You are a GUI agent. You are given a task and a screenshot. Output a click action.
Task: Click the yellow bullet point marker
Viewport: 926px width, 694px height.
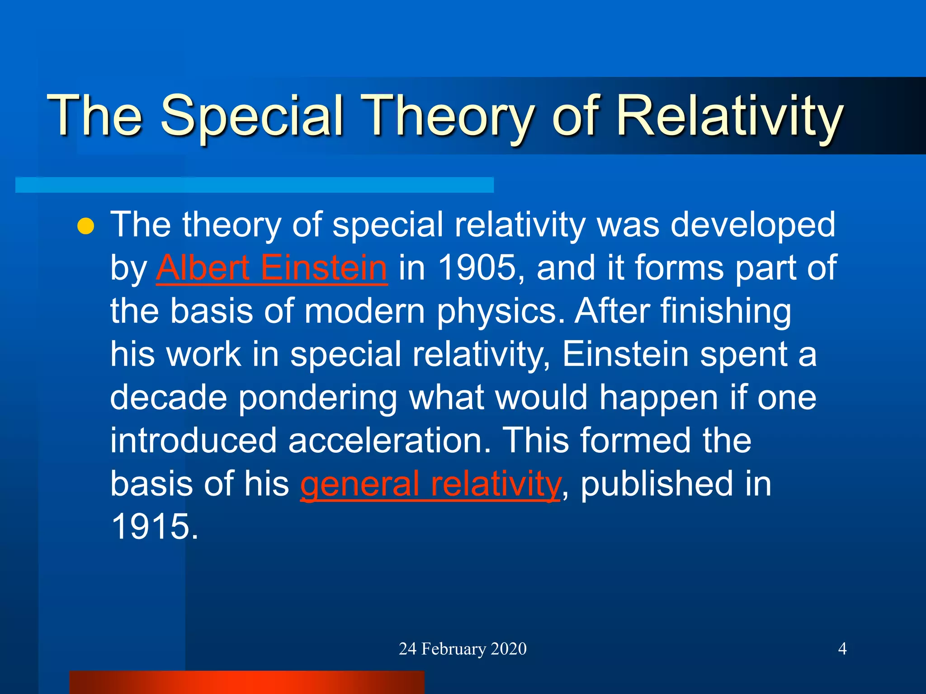point(85,226)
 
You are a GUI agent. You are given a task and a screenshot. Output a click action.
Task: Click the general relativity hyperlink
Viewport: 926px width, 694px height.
point(430,484)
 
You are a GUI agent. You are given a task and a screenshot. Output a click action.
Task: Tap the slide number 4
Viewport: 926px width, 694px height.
point(842,649)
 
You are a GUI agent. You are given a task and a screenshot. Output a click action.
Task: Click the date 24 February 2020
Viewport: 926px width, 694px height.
point(463,649)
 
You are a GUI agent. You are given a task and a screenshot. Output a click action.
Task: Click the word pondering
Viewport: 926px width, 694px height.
point(317,398)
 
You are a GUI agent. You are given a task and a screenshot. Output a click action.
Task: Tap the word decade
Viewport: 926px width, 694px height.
point(168,398)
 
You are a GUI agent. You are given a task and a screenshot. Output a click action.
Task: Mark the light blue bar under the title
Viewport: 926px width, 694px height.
point(254,185)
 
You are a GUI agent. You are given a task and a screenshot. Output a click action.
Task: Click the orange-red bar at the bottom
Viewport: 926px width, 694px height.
point(247,682)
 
